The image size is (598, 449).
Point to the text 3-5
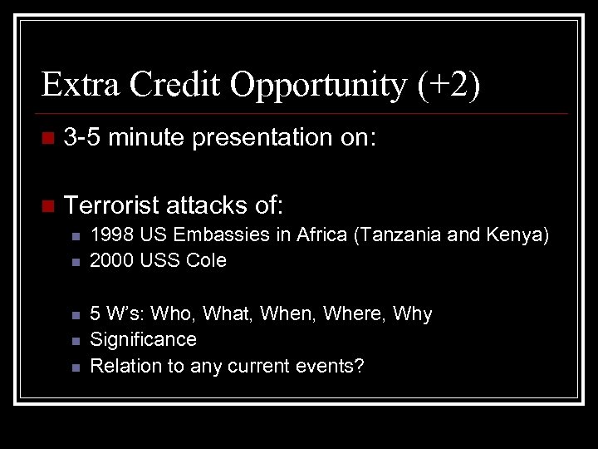(82, 137)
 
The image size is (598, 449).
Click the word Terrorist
(111, 204)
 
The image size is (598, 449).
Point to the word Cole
(207, 260)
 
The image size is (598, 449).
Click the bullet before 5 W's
(75, 314)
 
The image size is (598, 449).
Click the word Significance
(143, 339)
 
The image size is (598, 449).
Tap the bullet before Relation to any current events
(75, 367)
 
